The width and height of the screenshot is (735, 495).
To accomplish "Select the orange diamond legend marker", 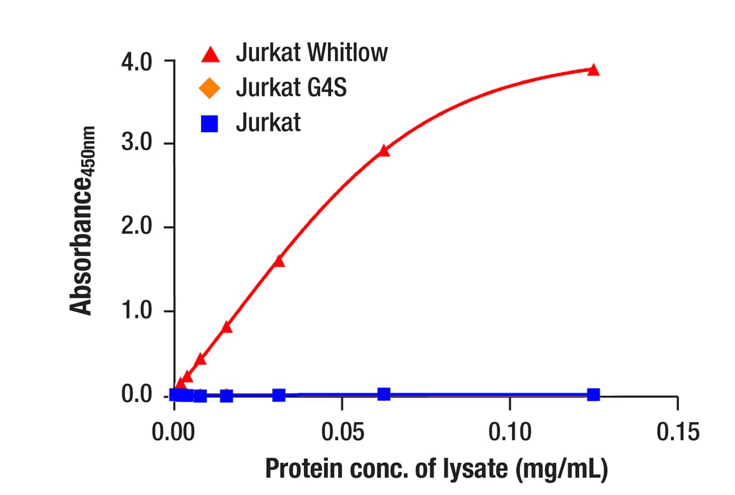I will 210,88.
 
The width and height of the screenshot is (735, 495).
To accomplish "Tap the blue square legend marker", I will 210,122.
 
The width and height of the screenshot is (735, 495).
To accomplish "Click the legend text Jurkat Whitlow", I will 312,52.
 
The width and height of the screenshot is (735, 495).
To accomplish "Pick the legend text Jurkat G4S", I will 291,87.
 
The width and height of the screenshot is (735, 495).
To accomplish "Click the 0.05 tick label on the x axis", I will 341,432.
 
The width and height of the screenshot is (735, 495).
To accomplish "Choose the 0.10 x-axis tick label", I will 509,432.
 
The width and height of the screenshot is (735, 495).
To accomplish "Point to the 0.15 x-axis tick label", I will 676,432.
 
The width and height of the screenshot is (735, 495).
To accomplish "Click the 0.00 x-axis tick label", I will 175,432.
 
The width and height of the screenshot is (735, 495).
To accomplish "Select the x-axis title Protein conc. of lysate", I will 436,469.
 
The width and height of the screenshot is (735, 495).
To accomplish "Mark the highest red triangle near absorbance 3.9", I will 593,70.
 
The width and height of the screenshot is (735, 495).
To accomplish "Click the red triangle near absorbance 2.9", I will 384,151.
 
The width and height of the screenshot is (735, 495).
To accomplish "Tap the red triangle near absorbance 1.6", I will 279,261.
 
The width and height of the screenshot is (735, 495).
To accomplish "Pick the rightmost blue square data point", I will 593,394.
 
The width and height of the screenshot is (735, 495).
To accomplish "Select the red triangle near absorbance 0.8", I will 227,327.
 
